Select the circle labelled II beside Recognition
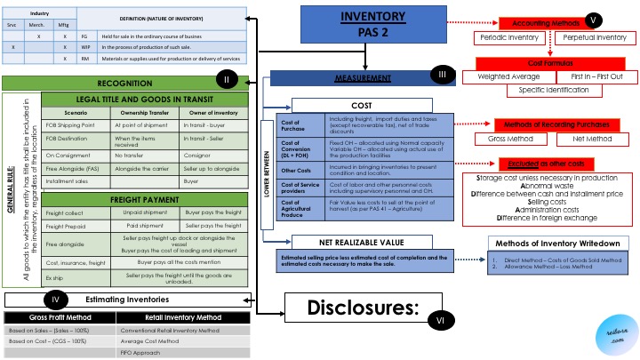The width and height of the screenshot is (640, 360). tap(227, 81)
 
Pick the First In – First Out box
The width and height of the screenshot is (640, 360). tap(594, 76)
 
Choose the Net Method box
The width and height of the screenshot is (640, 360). tap(588, 139)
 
